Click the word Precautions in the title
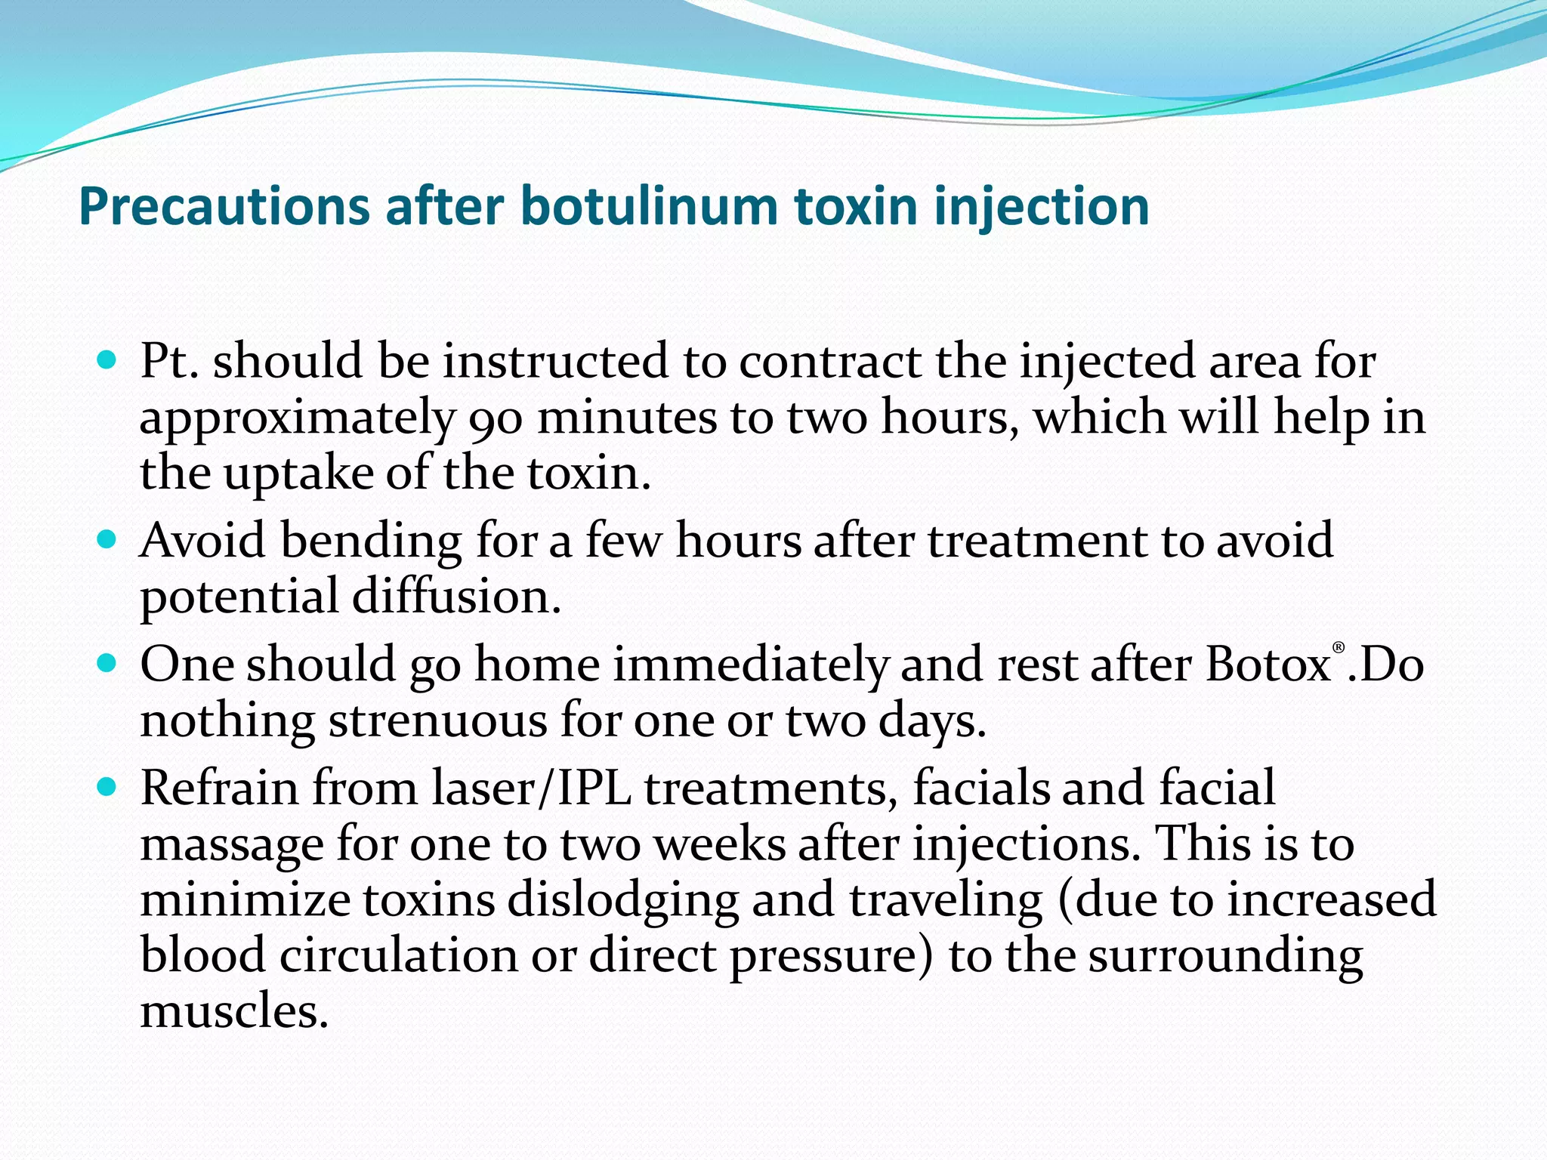click(224, 206)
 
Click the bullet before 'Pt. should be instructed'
click(108, 360)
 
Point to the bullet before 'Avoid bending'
click(108, 541)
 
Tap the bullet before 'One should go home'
click(108, 664)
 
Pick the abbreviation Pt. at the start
click(169, 361)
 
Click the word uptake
click(298, 474)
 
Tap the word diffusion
click(456, 597)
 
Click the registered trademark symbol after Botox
click(1339, 648)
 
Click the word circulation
click(399, 956)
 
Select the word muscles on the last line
click(233, 1012)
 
